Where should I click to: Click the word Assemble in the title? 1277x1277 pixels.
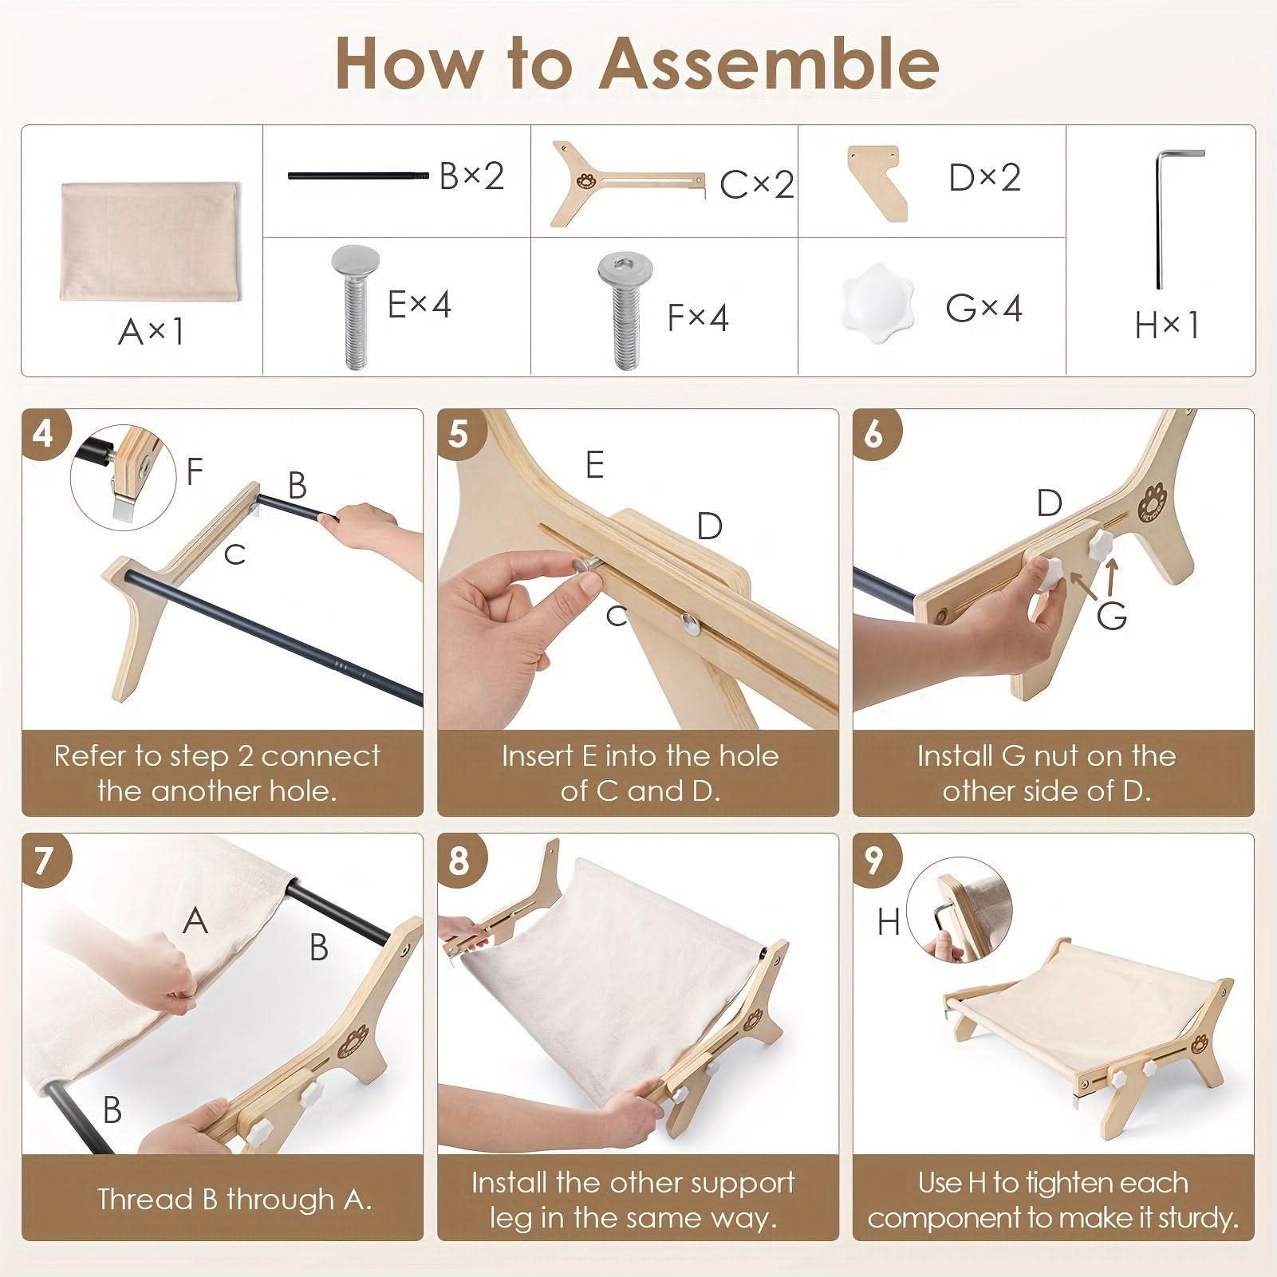click(768, 64)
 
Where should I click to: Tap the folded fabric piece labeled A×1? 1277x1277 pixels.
click(149, 242)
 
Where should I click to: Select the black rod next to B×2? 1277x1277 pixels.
click(359, 175)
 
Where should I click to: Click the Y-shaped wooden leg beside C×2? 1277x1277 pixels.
click(626, 183)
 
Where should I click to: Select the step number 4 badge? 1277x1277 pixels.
click(45, 435)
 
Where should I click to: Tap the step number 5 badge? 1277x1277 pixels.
click(459, 435)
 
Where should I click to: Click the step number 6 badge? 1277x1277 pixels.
click(875, 435)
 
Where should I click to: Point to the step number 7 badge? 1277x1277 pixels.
click(45, 861)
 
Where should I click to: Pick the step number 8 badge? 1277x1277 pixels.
click(459, 861)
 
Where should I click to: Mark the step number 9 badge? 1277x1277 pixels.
click(875, 861)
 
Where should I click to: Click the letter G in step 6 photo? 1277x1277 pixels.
click(1111, 616)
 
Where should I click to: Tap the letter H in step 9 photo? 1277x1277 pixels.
click(888, 922)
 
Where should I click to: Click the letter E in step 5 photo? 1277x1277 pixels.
click(594, 464)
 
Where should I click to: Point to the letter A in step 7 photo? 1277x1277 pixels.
click(195, 920)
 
